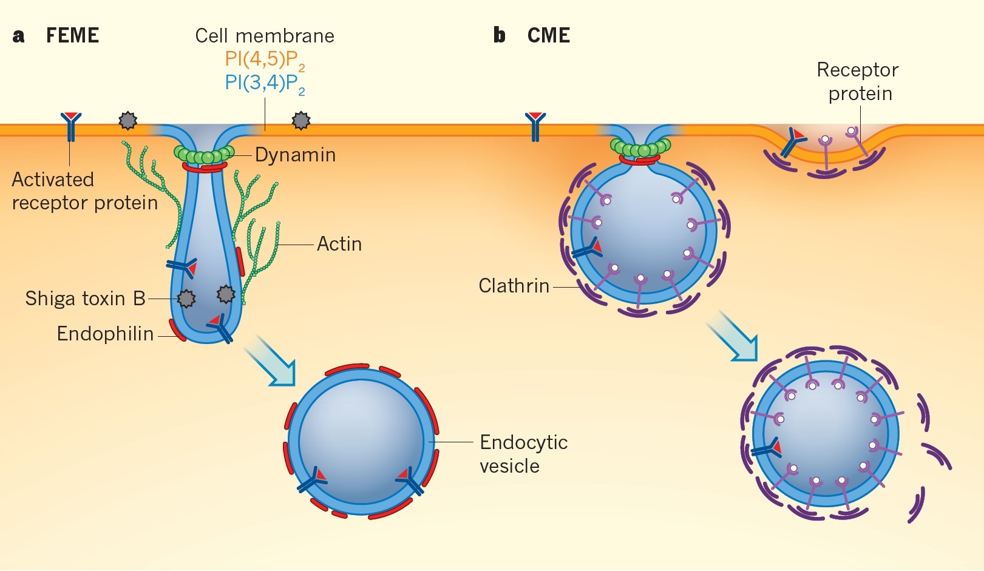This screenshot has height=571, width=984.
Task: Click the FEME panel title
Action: point(72,36)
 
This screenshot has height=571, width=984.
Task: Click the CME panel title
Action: point(548,36)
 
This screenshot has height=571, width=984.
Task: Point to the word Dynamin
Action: point(295,155)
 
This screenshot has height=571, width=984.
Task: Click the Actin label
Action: point(339,244)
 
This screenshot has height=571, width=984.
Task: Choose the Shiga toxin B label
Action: point(85,299)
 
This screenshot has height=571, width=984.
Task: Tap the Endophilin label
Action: point(105,334)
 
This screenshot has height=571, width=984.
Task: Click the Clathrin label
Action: point(514,286)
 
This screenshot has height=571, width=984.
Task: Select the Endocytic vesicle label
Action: point(523,454)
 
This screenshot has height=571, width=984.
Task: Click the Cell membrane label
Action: point(265,36)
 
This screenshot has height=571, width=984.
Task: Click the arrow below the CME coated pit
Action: point(734,336)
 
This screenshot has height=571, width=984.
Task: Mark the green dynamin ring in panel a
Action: point(204,154)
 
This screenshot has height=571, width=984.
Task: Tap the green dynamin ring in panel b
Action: point(640,148)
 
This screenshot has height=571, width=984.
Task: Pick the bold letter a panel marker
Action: point(19,36)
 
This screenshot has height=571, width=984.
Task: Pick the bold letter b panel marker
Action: point(499,36)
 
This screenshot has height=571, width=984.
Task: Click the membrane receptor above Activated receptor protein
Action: point(71,126)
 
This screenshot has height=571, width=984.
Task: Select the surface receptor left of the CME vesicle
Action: point(535,126)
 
